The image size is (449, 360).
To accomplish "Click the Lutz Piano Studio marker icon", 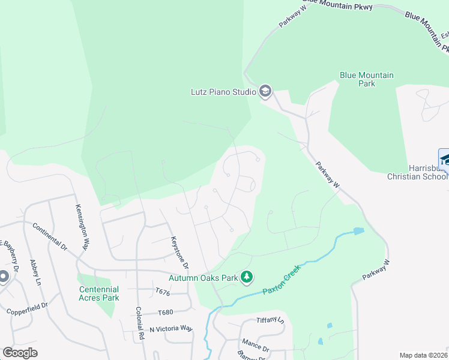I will pos(265,92).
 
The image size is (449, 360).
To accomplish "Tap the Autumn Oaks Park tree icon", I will pos(246,277).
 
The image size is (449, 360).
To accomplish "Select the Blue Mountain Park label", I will pos(366,79).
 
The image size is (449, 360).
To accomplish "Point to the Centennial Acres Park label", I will pos(99,293).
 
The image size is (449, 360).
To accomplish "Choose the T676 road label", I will pos(163,292).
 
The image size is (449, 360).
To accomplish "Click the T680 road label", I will pos(165,313).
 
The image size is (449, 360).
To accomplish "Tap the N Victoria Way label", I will pos(171,329).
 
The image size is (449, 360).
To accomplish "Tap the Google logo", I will pos(20,353).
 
